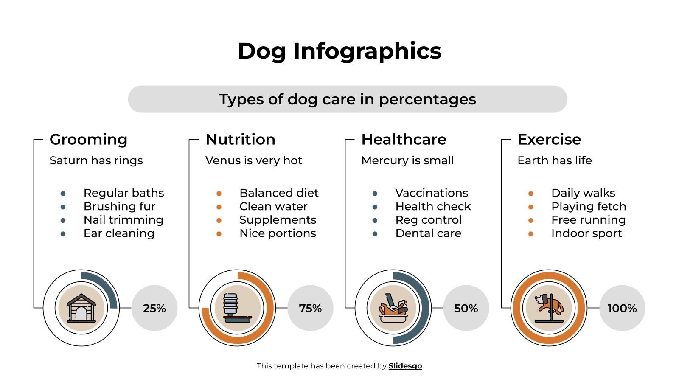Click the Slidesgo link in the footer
point(405,366)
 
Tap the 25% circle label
point(154,308)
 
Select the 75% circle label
point(310,308)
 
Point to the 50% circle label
point(466,308)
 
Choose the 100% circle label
point(622,308)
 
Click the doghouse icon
point(81,308)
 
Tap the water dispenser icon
point(237,308)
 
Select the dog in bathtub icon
point(393,308)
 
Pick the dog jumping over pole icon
point(549,308)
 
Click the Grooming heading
point(88,139)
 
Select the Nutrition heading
point(240,139)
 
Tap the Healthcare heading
point(404,139)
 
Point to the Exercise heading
point(549,139)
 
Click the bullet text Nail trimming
point(123,220)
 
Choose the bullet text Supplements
point(278,220)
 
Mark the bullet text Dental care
point(428,233)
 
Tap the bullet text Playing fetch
point(589,206)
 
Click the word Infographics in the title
point(367,51)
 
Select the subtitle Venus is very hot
point(254,160)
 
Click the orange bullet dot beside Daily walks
point(530,194)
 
